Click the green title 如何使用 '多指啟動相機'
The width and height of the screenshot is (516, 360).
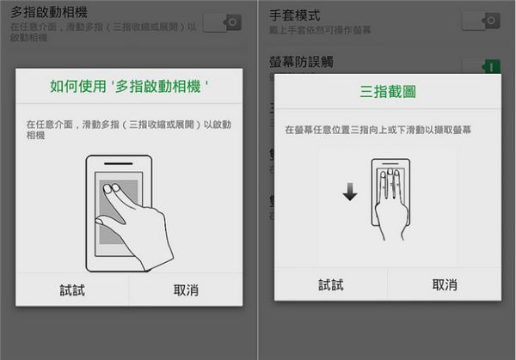coord(129,87)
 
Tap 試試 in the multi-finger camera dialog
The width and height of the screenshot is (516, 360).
coord(72,290)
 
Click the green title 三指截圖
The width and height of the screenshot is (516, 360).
coord(386,91)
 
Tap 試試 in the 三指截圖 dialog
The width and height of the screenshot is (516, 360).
coord(330,284)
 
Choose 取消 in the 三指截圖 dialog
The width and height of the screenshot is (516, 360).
coord(444,284)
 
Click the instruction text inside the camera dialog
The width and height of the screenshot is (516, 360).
coord(129,130)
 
